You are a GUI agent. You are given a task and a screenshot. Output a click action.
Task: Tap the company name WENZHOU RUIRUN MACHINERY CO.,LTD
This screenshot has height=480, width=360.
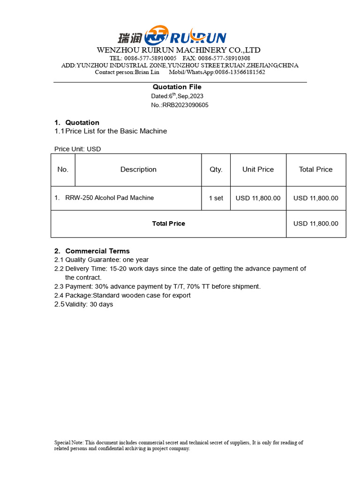[x=179, y=50]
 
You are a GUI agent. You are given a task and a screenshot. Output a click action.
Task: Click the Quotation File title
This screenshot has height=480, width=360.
[x=177, y=87]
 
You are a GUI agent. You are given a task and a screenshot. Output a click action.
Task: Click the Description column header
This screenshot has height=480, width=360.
[x=138, y=170]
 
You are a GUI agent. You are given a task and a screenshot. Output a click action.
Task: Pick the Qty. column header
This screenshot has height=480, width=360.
[x=216, y=170]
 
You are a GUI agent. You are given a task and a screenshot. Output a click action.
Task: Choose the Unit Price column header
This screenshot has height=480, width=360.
[x=258, y=170]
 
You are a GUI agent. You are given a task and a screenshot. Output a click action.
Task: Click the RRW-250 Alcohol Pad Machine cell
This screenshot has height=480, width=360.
[x=109, y=198]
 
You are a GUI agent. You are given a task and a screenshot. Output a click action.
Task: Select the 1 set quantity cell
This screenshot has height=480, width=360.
[x=216, y=198]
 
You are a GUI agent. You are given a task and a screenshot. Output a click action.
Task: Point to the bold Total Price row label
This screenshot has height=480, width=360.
[x=168, y=224]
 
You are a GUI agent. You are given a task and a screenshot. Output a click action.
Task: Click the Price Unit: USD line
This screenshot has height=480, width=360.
[x=78, y=149]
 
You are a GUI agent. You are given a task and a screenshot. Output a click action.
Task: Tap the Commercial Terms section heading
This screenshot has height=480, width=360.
[x=97, y=251]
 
